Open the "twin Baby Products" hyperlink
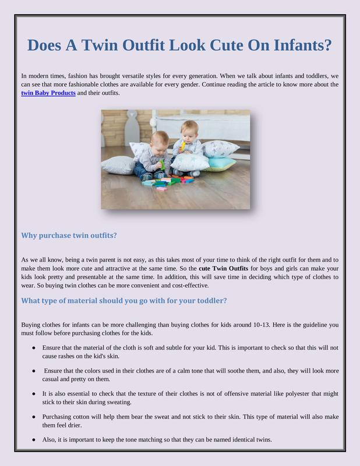pos(48,93)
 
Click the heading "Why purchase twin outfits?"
pos(69,235)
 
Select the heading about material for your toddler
pos(123,301)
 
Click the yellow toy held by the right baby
pos(182,145)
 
